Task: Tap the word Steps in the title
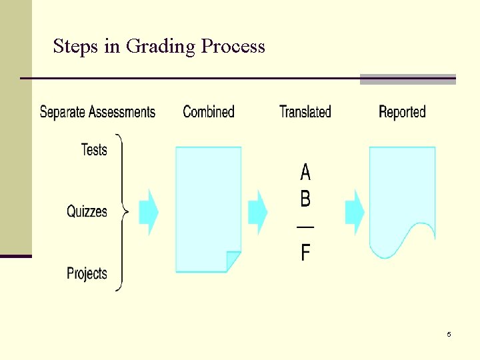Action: point(75,47)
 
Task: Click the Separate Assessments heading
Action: point(97,112)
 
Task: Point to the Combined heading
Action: point(209,112)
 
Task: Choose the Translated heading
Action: point(305,112)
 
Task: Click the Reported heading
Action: point(402,112)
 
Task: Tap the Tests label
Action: point(94,150)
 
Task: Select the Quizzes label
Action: point(87,212)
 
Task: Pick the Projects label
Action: point(87,273)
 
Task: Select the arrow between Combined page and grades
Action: point(257,213)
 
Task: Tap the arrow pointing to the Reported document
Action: point(355,213)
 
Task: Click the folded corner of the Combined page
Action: point(233,261)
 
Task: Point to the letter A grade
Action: point(305,173)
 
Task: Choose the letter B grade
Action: point(305,199)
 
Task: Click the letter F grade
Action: point(305,253)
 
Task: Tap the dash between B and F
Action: point(305,227)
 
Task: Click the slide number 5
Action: point(449,334)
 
